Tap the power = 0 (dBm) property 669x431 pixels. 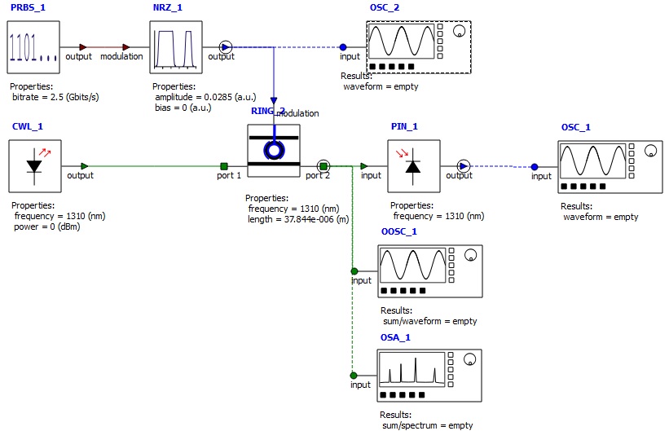(x=47, y=227)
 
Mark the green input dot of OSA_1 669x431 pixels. (x=354, y=375)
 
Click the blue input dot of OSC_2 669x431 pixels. (x=343, y=47)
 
